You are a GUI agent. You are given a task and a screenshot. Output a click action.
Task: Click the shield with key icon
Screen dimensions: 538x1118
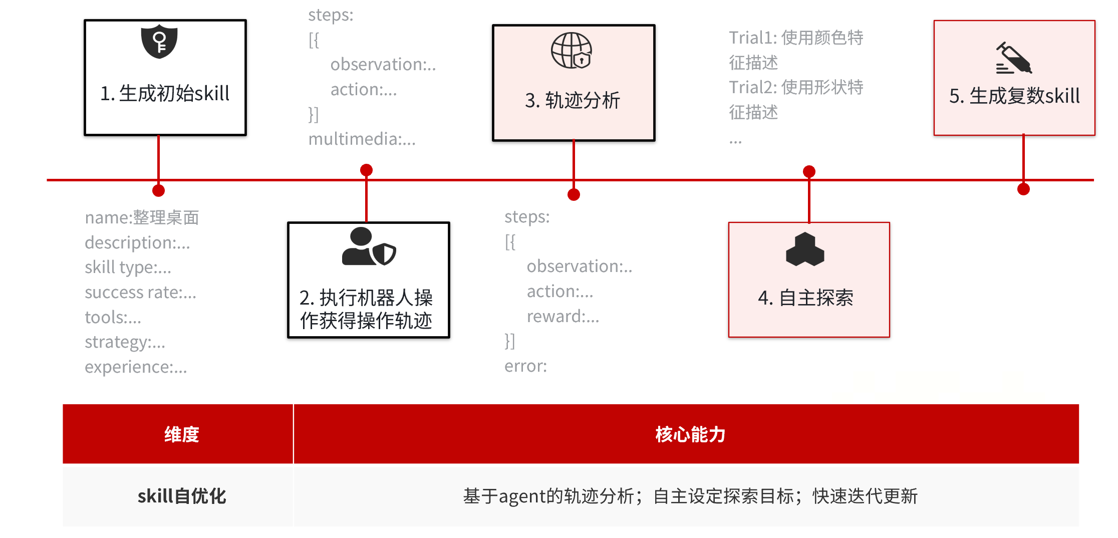159,42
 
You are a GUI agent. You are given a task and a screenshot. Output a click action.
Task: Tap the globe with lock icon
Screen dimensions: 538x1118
572,50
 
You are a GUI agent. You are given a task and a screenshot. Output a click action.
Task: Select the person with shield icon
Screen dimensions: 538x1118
368,247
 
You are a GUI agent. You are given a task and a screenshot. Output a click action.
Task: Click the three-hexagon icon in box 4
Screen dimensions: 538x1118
805,249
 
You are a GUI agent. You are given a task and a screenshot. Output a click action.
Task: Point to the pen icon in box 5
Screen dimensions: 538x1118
1013,58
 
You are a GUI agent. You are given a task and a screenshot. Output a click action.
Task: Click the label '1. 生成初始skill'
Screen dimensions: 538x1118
165,94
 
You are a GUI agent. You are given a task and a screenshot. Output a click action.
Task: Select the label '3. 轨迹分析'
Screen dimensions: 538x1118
573,101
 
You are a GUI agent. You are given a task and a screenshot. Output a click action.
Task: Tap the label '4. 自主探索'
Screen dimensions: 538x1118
805,298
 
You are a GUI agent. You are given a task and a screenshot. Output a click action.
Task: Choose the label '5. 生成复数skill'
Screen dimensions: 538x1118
1014,96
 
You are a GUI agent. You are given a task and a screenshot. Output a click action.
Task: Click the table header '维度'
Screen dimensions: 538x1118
181,434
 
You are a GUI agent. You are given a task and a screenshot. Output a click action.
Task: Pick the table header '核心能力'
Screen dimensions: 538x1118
690,434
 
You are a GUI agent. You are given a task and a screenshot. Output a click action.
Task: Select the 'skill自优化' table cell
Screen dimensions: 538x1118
181,496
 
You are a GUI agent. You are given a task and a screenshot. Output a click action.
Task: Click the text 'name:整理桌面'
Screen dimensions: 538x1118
142,218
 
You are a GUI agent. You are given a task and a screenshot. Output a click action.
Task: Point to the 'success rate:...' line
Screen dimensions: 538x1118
140,293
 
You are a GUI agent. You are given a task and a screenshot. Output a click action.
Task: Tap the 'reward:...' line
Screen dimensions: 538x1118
563,317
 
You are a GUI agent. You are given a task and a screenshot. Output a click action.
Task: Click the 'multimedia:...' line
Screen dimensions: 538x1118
362,139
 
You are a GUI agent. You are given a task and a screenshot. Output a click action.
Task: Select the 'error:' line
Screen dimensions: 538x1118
525,366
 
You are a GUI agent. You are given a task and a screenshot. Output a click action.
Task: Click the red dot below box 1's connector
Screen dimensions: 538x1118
158,190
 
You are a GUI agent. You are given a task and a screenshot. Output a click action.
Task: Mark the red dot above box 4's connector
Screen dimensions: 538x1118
809,172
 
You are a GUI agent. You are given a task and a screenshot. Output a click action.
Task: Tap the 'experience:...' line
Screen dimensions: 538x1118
136,367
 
